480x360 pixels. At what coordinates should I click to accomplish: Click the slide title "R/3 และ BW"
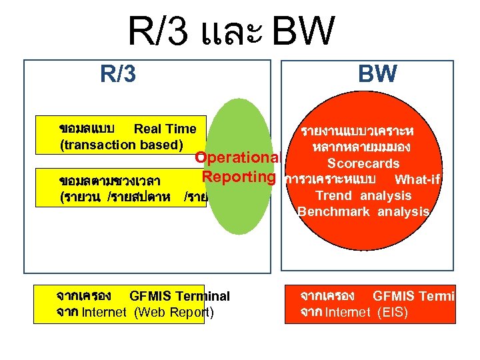(x=230, y=31)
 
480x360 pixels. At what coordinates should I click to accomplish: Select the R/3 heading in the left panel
(x=118, y=73)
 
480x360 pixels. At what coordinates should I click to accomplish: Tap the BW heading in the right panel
(x=377, y=73)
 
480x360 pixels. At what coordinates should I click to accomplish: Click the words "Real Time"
(x=165, y=129)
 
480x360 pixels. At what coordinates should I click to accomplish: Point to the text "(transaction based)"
(x=117, y=145)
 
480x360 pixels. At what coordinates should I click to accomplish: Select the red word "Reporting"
(x=239, y=177)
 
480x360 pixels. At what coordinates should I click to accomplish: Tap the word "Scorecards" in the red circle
(x=363, y=163)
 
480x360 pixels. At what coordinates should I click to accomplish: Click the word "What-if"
(x=419, y=179)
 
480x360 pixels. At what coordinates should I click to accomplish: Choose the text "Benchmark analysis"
(x=363, y=211)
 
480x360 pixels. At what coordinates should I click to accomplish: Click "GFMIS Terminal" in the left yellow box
(x=179, y=296)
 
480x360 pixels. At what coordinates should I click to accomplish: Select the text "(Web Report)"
(x=174, y=312)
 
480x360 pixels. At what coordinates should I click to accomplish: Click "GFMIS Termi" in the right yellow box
(x=413, y=296)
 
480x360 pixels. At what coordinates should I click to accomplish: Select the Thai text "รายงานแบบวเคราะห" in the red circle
(x=367, y=131)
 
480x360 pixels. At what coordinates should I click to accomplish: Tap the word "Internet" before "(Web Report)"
(x=106, y=312)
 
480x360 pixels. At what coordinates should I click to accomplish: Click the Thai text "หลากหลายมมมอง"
(x=364, y=147)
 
